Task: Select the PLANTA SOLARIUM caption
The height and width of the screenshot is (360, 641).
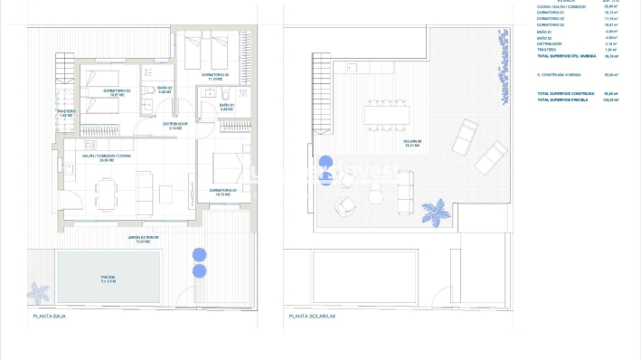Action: [312, 317]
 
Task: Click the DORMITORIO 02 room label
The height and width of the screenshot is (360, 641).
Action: [215, 75]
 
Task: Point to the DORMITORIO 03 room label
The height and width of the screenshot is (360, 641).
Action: [116, 91]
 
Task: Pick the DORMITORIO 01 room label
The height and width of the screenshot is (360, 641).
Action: [222, 191]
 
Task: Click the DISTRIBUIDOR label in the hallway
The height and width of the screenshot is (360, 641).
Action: [176, 125]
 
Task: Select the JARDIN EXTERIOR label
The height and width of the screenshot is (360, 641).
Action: [143, 239]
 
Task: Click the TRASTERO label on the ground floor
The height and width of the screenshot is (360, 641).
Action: [67, 112]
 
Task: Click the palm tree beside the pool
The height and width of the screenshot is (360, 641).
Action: [39, 293]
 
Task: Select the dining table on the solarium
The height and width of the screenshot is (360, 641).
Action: [387, 114]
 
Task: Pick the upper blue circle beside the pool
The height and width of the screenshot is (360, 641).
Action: [200, 255]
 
